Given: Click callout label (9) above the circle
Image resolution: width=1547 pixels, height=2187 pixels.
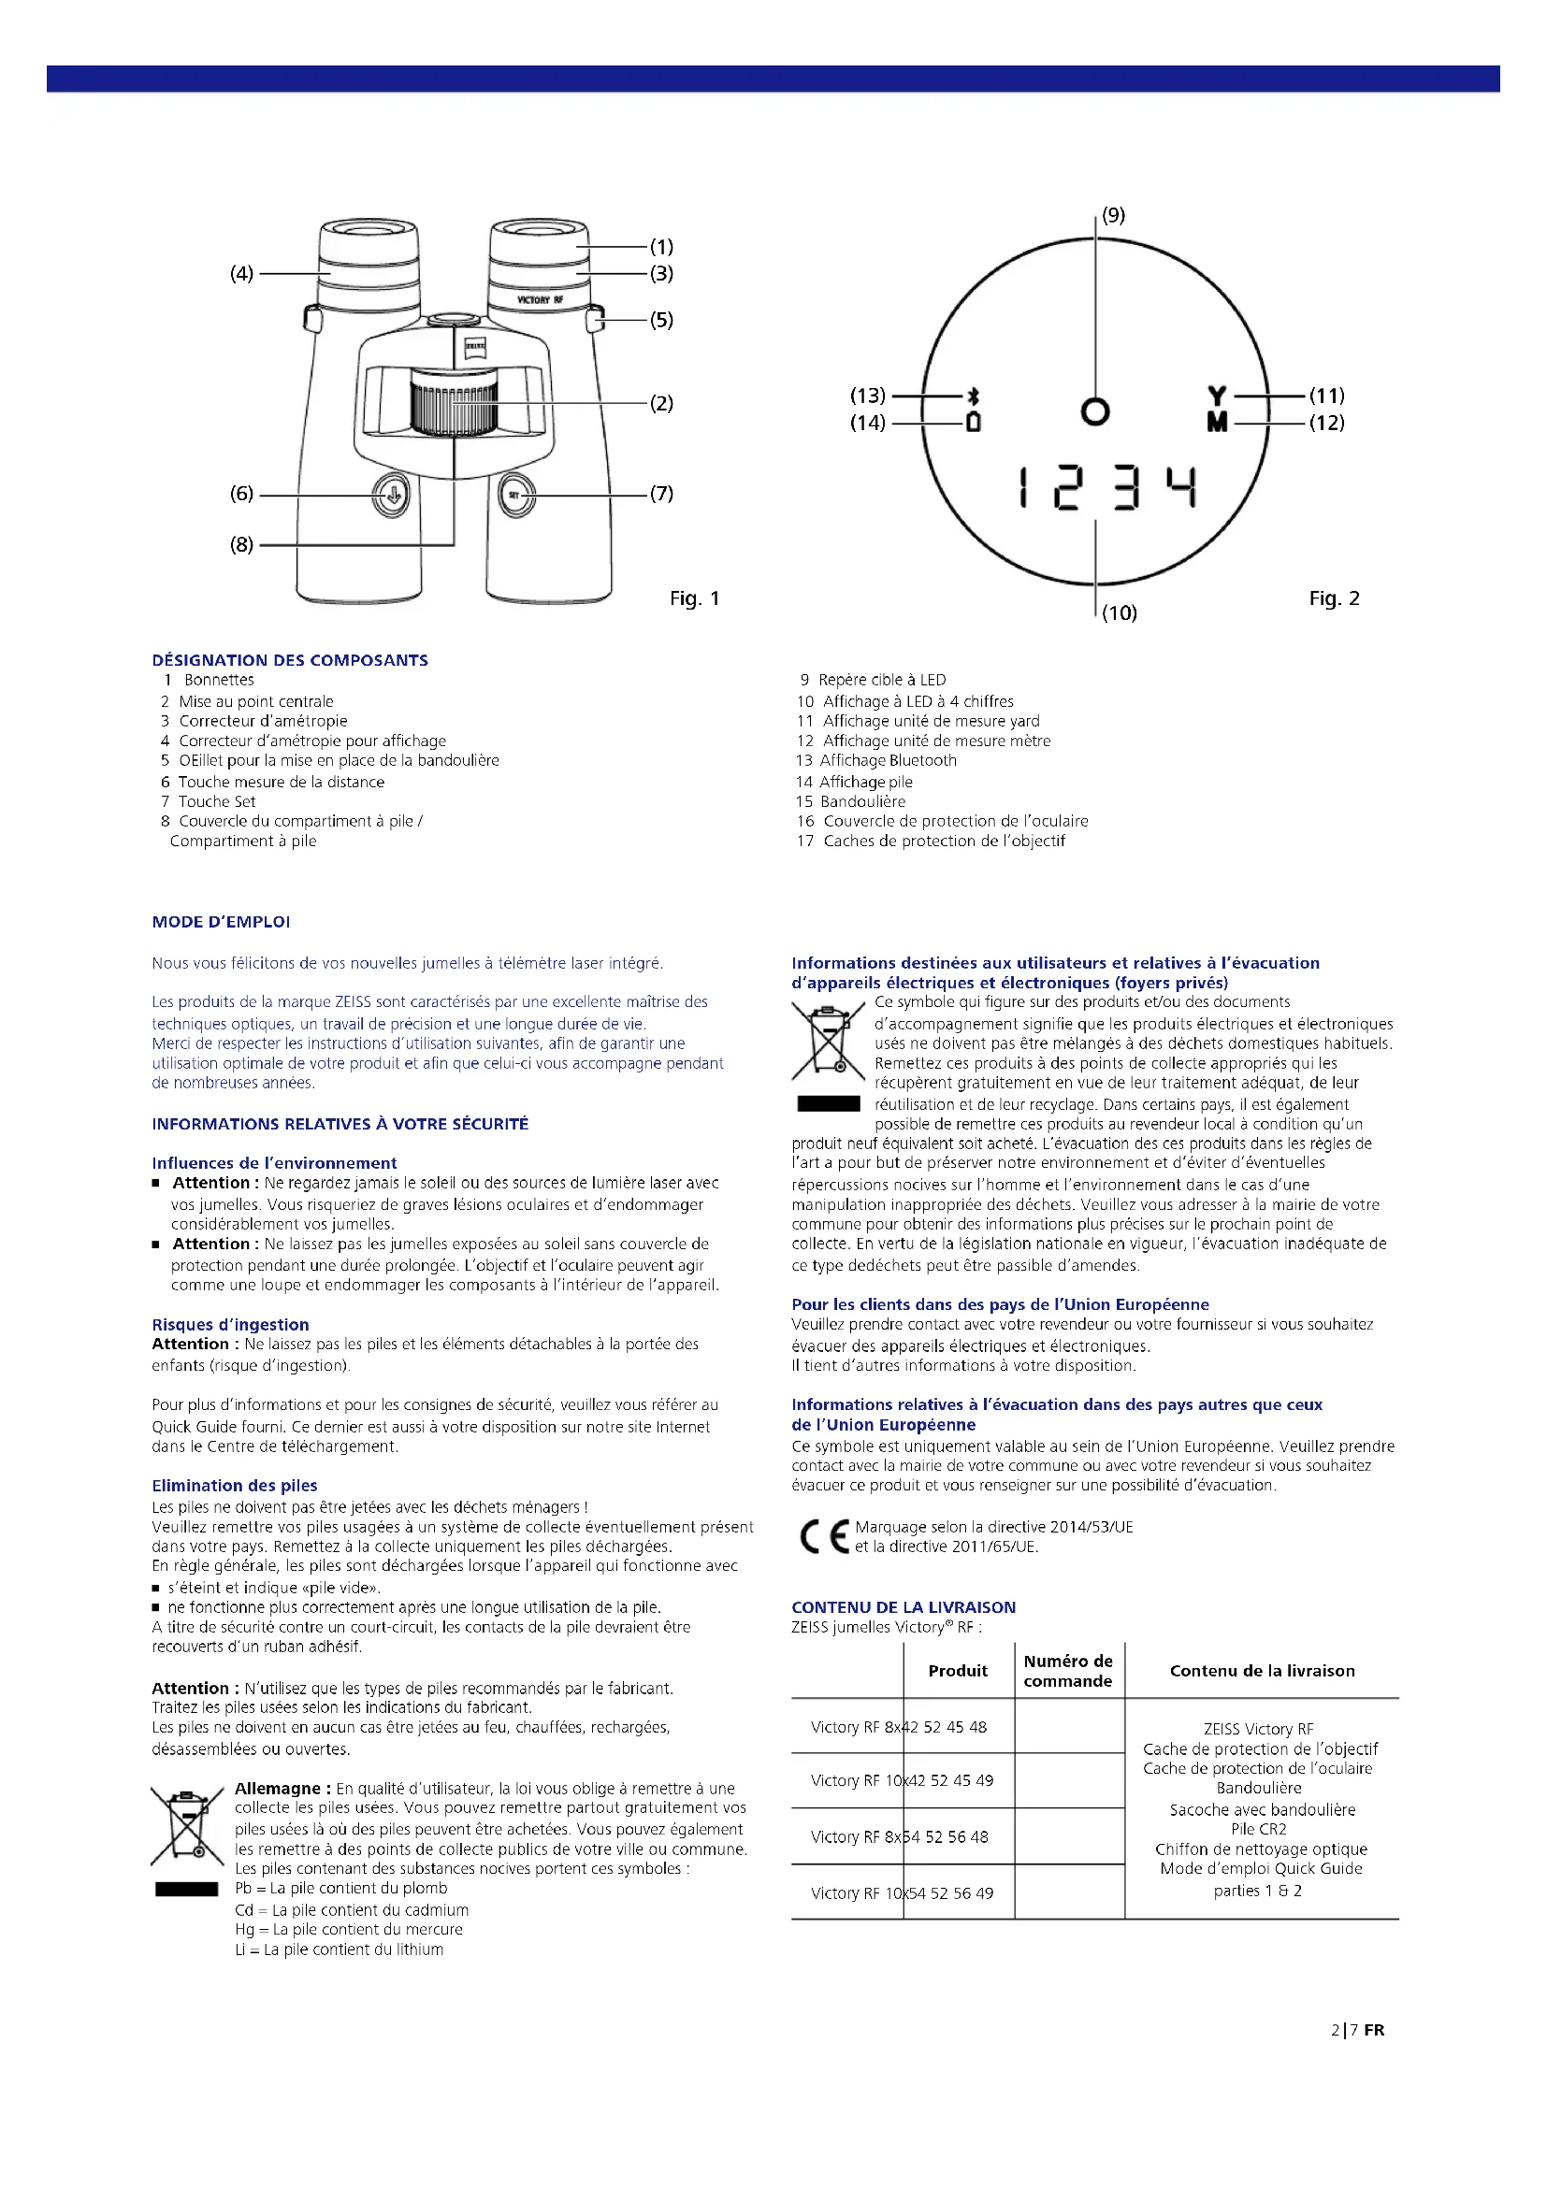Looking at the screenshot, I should [1113, 215].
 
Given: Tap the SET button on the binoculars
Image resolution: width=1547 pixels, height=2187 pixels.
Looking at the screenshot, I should [515, 496].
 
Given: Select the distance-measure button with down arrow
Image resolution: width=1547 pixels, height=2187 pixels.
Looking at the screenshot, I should [392, 496].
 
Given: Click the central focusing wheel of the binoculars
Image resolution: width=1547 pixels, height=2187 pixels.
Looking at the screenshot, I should [455, 404].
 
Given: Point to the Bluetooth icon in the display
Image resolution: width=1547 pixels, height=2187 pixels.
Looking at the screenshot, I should [973, 396].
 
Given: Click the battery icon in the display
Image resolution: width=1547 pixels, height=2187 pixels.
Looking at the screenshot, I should [973, 422].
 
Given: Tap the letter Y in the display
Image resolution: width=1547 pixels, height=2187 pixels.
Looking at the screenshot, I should [1217, 396].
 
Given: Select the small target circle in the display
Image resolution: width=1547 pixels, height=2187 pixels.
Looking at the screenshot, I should [1095, 411].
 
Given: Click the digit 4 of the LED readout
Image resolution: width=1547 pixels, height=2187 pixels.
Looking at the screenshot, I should [1182, 487].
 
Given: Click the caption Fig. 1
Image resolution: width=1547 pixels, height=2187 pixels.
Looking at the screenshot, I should [694, 598].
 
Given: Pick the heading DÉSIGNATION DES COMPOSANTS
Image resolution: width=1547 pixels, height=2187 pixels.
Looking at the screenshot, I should [290, 660].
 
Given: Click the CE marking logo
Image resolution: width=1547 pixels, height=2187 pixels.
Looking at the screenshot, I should [824, 1536].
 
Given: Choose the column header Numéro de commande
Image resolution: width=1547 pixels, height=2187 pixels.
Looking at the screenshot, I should [1068, 1671].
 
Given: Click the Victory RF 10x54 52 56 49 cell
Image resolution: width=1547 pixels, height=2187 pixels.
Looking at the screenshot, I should [901, 1892].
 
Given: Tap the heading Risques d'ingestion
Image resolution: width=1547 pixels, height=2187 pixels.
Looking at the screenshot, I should [230, 1324].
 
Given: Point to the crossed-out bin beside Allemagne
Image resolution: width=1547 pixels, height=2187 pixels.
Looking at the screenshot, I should [187, 1826].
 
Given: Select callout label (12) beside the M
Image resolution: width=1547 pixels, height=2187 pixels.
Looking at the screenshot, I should [1326, 423].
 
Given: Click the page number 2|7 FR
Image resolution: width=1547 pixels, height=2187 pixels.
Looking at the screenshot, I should [1357, 2029].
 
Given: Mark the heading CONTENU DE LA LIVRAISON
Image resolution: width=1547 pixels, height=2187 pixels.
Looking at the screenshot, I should [904, 1607].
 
